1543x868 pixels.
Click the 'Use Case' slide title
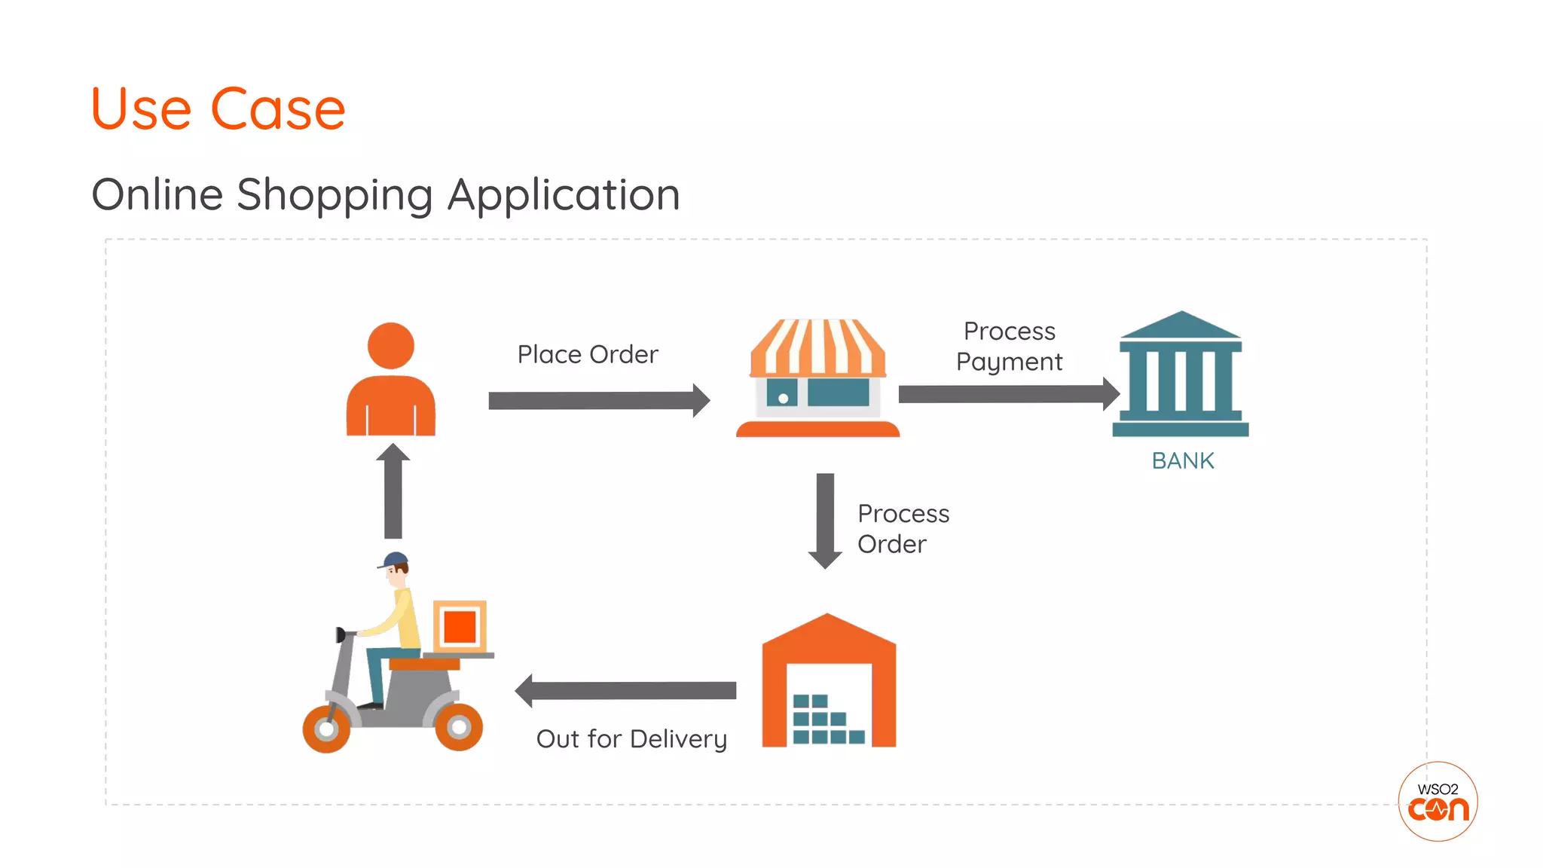[218, 109]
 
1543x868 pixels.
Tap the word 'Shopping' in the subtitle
[335, 195]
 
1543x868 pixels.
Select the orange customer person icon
[390, 381]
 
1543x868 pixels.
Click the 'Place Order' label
[588, 354]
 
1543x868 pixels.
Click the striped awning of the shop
[818, 348]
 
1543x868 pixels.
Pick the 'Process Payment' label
[1009, 347]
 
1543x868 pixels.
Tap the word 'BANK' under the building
[1183, 460]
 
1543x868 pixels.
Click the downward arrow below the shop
[825, 520]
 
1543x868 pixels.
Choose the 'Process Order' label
[903, 529]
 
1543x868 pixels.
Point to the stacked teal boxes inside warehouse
[826, 720]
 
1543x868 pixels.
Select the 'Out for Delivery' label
[631, 739]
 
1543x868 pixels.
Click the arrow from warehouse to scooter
[625, 690]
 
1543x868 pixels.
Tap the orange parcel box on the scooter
[460, 626]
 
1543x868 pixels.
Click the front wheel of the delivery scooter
[326, 729]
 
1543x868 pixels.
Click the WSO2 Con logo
[1438, 801]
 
